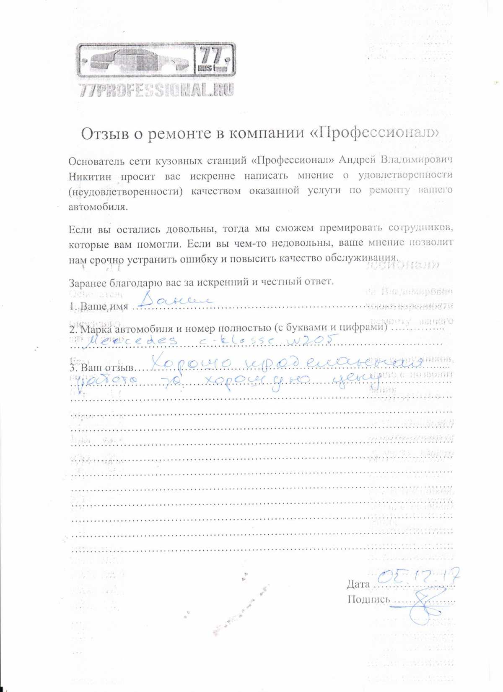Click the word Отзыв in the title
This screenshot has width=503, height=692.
point(105,133)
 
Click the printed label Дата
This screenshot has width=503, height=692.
point(358,584)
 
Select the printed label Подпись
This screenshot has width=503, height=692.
point(368,599)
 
